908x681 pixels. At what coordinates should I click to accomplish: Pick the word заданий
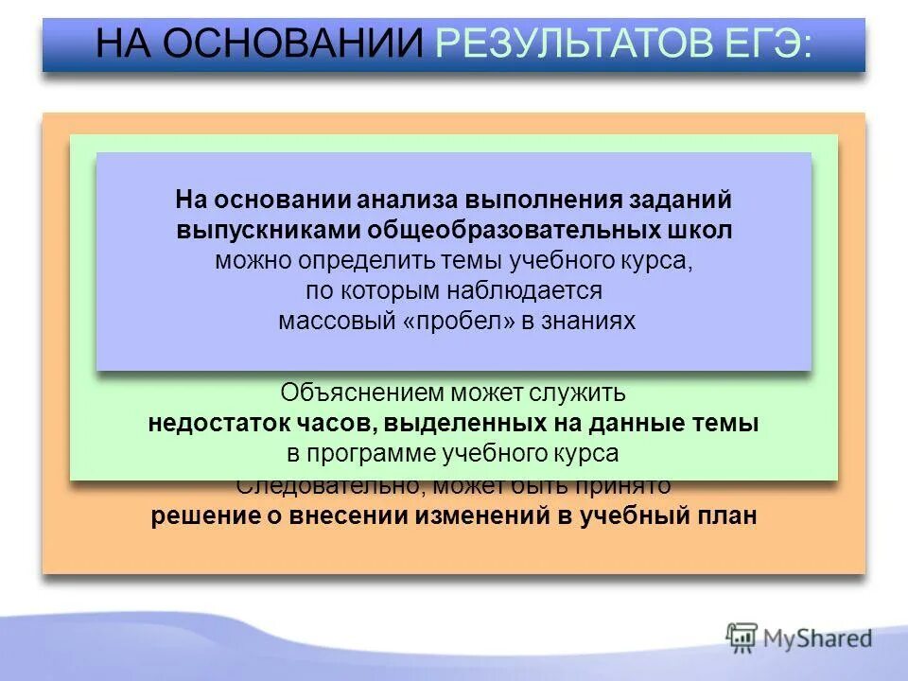(679, 201)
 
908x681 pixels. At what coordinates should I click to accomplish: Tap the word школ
(701, 231)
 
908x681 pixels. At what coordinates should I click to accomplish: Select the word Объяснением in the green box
(361, 392)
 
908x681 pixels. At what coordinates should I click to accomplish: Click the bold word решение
(195, 516)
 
